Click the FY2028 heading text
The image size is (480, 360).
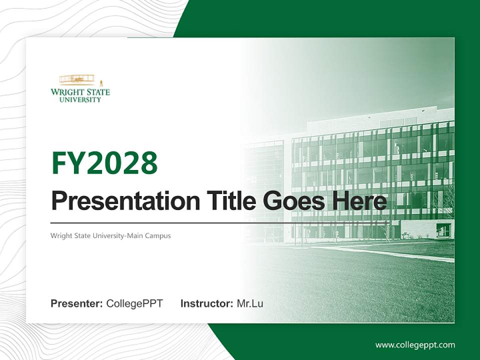click(104, 163)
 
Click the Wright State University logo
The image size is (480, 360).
click(80, 88)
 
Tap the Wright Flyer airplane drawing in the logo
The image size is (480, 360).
click(77, 79)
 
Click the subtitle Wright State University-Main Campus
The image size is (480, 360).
click(110, 235)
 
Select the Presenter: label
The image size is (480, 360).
click(77, 303)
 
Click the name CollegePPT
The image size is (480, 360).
click(134, 303)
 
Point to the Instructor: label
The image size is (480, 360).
click(206, 303)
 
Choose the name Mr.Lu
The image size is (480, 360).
click(250, 303)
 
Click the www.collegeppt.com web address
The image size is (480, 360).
click(415, 344)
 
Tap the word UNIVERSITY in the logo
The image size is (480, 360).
click(80, 99)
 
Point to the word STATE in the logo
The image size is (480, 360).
click(95, 92)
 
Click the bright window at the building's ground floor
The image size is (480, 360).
click(442, 230)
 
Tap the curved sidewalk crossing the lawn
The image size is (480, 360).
click(380, 252)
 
